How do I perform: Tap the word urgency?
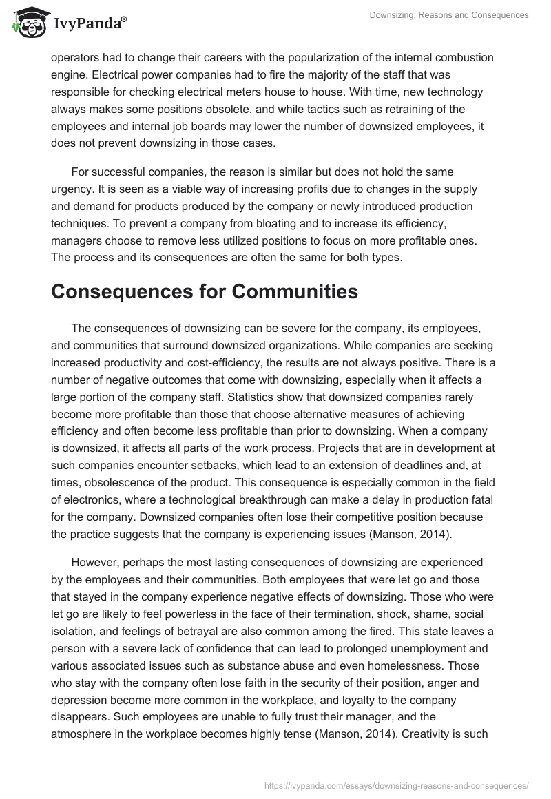(x=72, y=189)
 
